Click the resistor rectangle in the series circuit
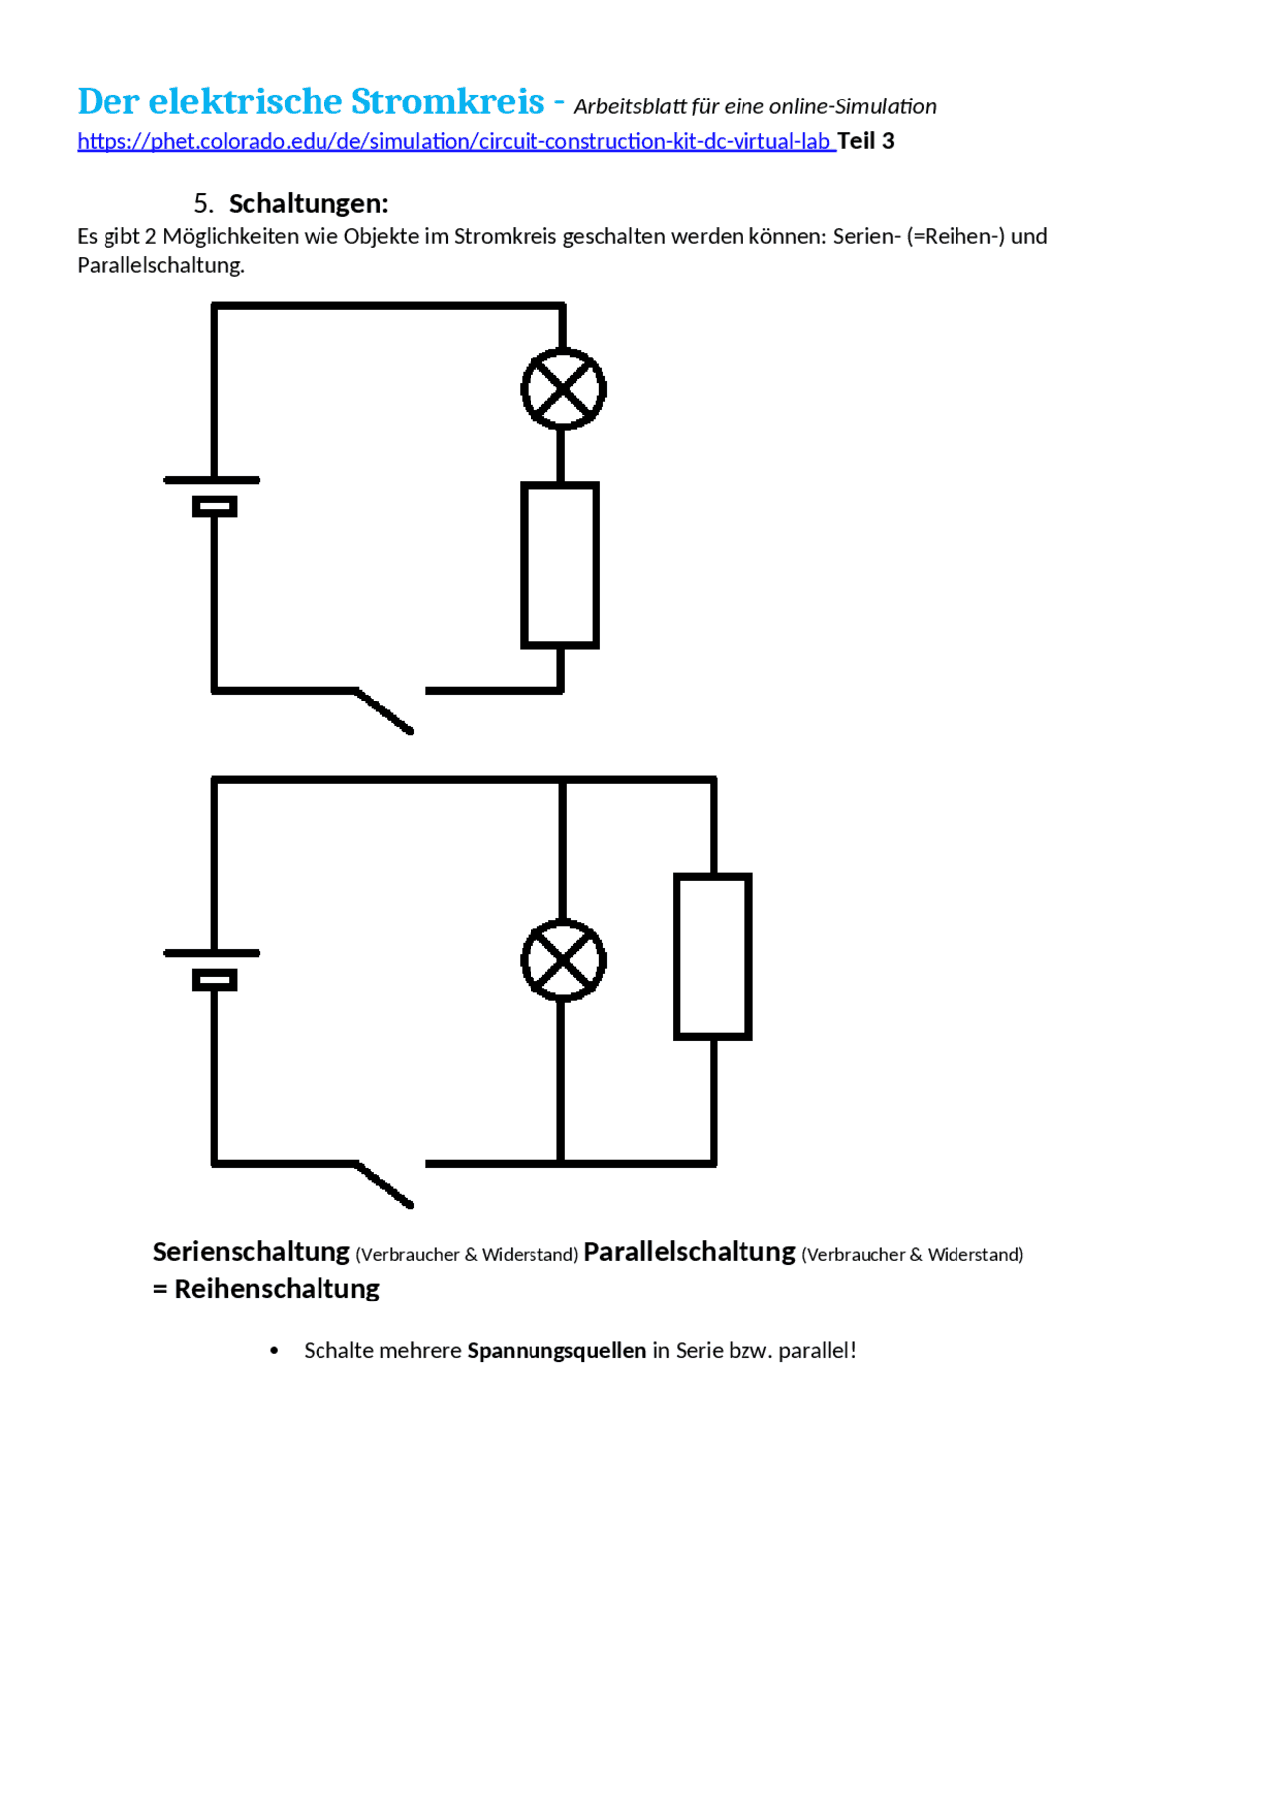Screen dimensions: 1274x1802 (524, 565)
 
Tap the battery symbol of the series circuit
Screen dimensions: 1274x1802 (212, 496)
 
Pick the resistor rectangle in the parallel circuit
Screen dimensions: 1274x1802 (677, 956)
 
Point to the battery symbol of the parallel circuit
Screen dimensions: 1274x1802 (212, 969)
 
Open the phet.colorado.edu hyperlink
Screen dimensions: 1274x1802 (454, 141)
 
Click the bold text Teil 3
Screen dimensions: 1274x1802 (866, 141)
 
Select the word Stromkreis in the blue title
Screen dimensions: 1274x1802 (448, 101)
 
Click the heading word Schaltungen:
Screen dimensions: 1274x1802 (309, 203)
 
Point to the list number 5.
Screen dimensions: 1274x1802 (203, 203)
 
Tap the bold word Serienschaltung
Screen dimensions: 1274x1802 (252, 1251)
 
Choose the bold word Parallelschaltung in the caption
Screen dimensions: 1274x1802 (690, 1251)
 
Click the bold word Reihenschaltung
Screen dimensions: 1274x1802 (278, 1289)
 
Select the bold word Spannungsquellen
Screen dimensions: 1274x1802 (557, 1351)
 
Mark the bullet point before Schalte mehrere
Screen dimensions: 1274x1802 (274, 1351)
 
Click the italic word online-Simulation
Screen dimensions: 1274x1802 (852, 106)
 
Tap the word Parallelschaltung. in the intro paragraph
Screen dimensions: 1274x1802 (161, 265)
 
